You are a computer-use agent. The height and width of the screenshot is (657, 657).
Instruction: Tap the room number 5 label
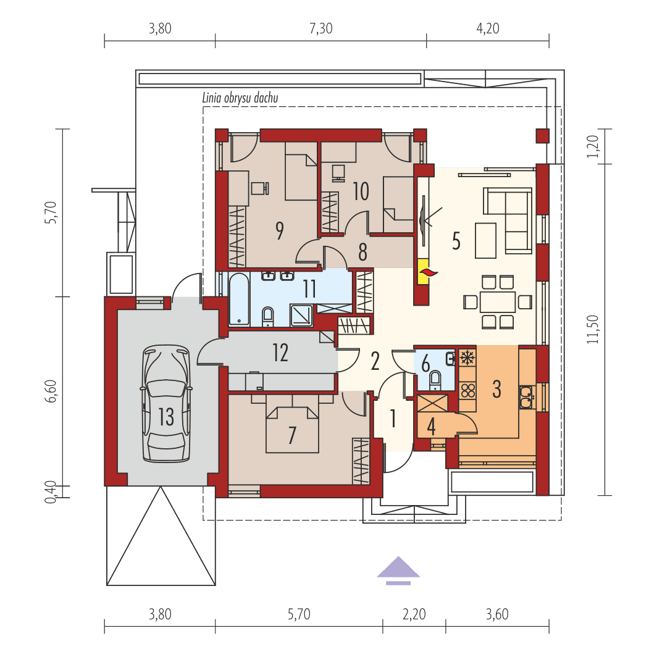coord(456,241)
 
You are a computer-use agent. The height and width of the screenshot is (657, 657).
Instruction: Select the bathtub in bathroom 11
coord(239,299)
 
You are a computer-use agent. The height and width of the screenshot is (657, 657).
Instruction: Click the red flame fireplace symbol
coord(425,271)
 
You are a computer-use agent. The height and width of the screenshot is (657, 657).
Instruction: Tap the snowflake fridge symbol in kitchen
coord(467,357)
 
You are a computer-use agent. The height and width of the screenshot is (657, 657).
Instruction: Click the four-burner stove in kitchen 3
coord(467,389)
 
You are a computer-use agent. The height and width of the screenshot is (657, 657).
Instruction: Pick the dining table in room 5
coord(498,302)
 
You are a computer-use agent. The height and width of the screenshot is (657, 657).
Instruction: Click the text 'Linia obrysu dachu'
coord(240,98)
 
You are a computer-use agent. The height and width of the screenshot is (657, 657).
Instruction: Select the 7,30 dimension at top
coord(320,28)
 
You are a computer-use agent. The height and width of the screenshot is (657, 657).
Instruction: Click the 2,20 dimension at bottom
coord(414,614)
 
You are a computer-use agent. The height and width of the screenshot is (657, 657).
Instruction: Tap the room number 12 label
coord(280,353)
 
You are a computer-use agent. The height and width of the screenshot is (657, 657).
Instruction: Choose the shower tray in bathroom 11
coord(302,315)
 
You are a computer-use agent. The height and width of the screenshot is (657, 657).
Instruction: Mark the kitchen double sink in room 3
coord(526,397)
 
